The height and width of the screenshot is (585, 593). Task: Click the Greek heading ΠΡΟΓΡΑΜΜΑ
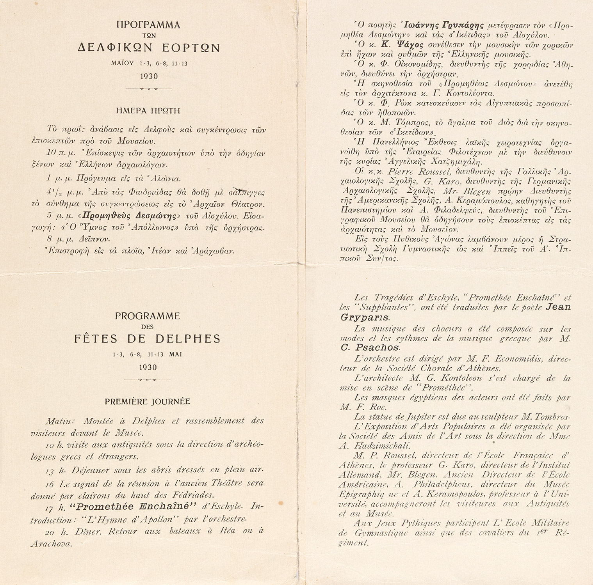pos(148,25)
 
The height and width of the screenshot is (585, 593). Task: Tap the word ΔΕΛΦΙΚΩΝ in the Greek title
pos(116,48)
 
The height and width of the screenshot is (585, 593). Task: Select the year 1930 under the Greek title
pos(148,76)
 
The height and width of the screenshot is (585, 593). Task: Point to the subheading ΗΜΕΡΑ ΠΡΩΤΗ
pos(148,111)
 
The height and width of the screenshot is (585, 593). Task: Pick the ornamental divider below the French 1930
pos(148,379)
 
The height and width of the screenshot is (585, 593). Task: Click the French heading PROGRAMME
pos(148,316)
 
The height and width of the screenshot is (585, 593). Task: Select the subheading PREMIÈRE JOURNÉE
pos(148,401)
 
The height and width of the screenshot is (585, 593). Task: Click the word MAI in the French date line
pos(176,355)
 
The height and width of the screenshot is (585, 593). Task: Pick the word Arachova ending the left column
pos(51,543)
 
